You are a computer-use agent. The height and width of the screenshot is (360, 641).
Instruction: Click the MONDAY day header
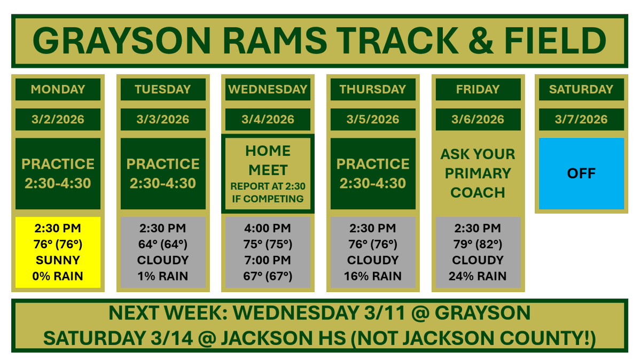pyautogui.click(x=58, y=89)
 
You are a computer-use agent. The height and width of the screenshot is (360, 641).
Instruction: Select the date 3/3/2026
pyautogui.click(x=163, y=119)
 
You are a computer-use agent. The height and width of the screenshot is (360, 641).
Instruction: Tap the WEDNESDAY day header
pyautogui.click(x=268, y=89)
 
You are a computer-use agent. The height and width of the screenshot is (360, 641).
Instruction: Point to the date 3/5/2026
pyautogui.click(x=373, y=119)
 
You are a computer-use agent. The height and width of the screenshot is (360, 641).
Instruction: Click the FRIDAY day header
pyautogui.click(x=478, y=89)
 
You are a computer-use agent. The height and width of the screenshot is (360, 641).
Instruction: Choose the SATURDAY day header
pyautogui.click(x=581, y=89)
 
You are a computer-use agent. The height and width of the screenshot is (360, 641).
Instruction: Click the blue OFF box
pyautogui.click(x=581, y=174)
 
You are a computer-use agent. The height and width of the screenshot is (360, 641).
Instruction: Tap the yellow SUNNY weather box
pyautogui.click(x=58, y=252)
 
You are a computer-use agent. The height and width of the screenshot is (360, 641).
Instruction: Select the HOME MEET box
pyautogui.click(x=268, y=174)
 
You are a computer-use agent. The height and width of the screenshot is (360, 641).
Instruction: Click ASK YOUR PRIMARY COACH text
pyautogui.click(x=478, y=173)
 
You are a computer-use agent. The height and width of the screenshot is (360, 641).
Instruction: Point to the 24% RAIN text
pyautogui.click(x=478, y=277)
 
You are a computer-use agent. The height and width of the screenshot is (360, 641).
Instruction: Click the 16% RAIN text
pyautogui.click(x=373, y=277)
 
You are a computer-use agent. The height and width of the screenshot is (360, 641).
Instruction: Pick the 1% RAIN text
pyautogui.click(x=163, y=277)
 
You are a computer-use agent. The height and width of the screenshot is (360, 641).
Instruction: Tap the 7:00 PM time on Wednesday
pyautogui.click(x=268, y=260)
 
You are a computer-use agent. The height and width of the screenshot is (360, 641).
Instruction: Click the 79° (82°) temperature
pyautogui.click(x=478, y=244)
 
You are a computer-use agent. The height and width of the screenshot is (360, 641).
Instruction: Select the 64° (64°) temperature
pyautogui.click(x=163, y=244)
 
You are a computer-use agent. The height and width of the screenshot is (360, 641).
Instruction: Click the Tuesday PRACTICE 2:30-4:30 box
pyautogui.click(x=163, y=174)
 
